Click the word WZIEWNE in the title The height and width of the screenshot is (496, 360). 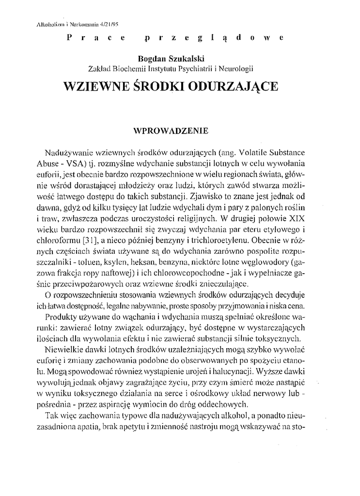point(93,86)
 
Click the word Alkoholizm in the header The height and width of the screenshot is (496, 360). point(50,22)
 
